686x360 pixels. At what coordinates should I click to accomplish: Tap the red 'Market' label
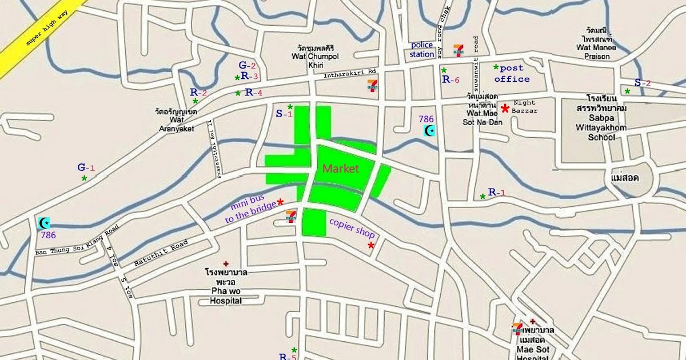point(341,169)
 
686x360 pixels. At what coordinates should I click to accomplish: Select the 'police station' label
point(422,50)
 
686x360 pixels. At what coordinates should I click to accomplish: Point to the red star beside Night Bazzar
point(505,108)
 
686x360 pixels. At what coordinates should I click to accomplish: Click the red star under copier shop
point(371,246)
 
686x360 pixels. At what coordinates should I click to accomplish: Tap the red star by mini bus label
point(281,202)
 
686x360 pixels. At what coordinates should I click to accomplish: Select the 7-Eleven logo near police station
point(458,50)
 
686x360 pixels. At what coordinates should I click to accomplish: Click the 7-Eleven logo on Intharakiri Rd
point(373,86)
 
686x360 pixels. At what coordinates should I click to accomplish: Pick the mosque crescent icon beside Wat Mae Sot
point(429,130)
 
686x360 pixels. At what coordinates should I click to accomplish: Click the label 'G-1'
point(86,167)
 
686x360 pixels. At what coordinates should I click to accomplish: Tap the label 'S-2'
point(643,83)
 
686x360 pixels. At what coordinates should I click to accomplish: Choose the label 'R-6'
point(451,80)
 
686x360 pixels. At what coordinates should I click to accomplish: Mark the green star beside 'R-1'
point(483,197)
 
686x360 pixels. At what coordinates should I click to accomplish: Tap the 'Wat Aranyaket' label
point(177,121)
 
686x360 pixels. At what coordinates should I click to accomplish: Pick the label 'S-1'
point(284,114)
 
